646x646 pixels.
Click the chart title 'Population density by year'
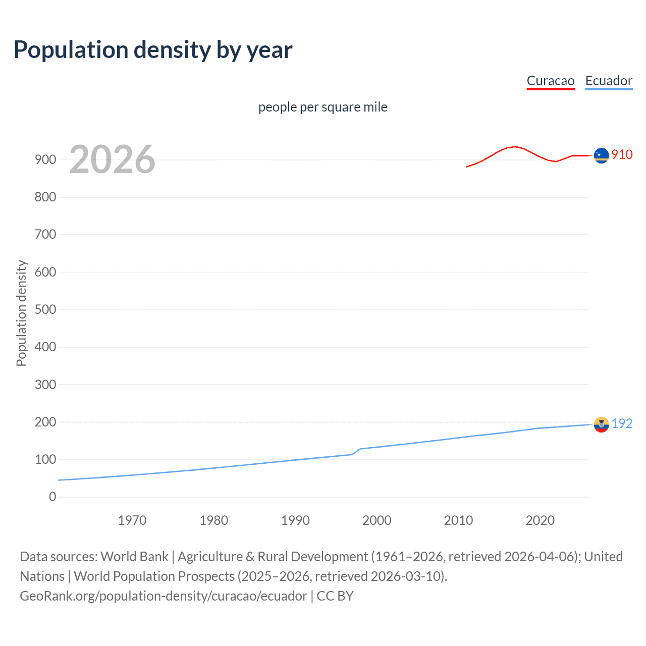coord(153,50)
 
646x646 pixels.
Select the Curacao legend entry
coord(550,81)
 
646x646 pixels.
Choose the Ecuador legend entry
coord(609,81)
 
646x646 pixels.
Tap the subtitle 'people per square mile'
coord(322,107)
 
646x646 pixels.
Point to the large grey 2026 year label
coord(112,159)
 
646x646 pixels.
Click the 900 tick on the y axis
coord(45,159)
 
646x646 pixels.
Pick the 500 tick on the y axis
coord(45,309)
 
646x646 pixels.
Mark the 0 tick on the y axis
coord(52,497)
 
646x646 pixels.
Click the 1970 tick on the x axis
coord(132,520)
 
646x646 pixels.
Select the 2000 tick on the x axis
coord(376,520)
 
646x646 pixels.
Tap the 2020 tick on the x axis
coord(540,520)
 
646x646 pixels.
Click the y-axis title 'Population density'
coord(21,313)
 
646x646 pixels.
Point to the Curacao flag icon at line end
coord(601,155)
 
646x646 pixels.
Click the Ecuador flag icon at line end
coord(601,424)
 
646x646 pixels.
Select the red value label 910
coord(622,154)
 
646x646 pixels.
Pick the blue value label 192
coord(622,423)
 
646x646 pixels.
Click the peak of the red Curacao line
coord(514,146)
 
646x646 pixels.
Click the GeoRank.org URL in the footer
coord(163,596)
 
